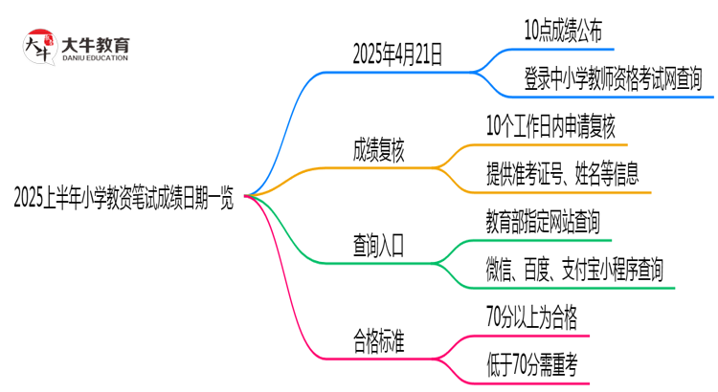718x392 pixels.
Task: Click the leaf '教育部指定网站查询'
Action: click(x=543, y=223)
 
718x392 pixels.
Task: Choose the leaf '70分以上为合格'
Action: click(x=531, y=316)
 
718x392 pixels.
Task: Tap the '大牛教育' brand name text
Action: click(x=96, y=42)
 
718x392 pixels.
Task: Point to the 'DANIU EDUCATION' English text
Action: click(x=96, y=58)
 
